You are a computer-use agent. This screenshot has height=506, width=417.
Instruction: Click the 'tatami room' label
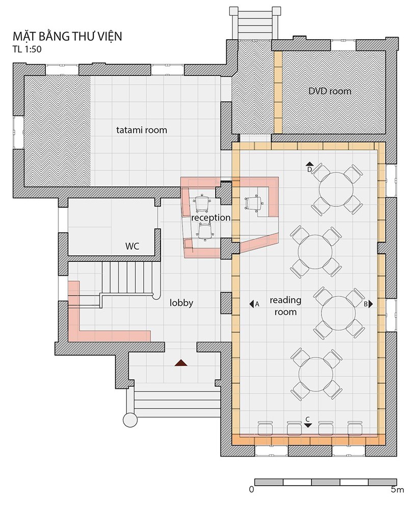141,130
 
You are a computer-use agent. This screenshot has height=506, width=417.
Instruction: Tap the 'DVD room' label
329,91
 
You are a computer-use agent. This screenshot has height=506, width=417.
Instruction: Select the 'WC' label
132,246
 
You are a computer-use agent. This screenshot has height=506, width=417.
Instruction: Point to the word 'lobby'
181,303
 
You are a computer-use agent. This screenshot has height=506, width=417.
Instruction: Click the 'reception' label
211,218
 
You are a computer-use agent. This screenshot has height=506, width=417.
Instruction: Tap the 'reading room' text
285,306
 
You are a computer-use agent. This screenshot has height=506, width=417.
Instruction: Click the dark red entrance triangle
181,363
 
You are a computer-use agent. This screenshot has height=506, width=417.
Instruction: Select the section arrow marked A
251,304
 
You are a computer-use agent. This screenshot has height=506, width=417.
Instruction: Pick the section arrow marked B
371,304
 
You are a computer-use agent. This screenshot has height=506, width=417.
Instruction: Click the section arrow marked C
307,425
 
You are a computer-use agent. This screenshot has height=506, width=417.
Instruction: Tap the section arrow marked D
309,164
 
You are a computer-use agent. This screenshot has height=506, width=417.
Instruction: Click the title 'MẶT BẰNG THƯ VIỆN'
67,36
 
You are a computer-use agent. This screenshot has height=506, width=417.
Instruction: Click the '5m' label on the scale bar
397,490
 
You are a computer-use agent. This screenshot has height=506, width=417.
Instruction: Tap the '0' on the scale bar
251,490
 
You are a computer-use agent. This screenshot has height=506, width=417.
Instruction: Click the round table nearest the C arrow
316,374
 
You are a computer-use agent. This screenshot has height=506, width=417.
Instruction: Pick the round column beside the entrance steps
131,420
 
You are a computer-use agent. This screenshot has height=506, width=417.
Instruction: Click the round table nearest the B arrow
338,313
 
